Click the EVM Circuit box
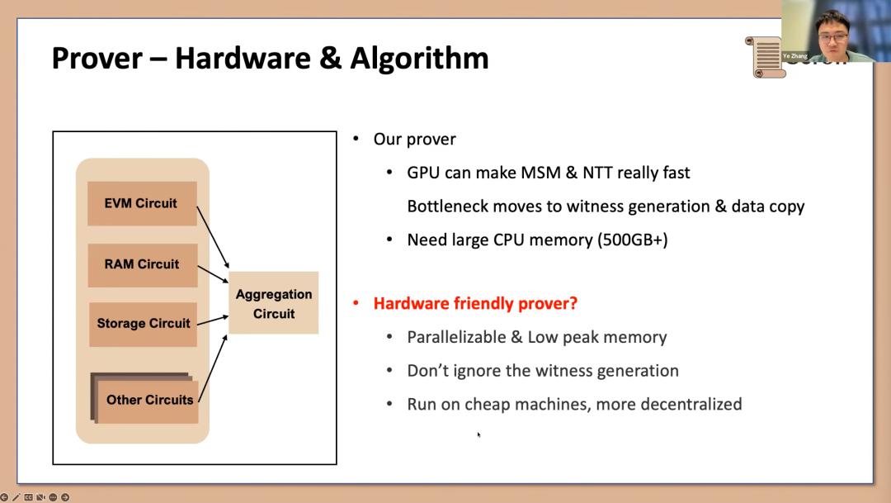142,203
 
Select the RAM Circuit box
142,264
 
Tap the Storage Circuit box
143,324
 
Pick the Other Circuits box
148,400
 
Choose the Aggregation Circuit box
273,303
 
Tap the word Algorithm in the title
419,59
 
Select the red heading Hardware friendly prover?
475,303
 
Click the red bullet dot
356,303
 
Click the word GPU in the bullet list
423,173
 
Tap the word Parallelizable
456,337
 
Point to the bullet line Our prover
414,139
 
